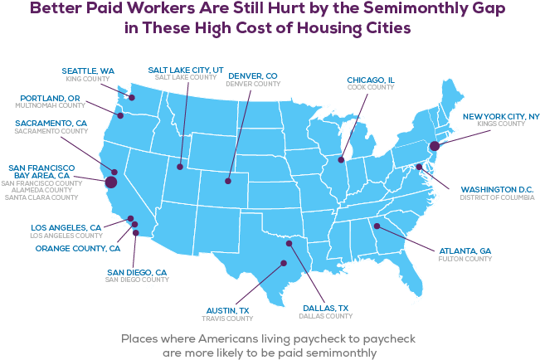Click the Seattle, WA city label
coord(89,70)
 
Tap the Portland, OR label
coord(51,98)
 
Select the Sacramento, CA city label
coord(50,123)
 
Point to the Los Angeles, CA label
coord(66,227)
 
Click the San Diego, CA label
coord(137,272)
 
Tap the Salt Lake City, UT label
coord(185,70)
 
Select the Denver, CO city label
coord(252,75)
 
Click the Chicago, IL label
coord(371,80)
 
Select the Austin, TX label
coord(227,310)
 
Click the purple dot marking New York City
coord(433,146)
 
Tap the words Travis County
coord(227,319)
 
